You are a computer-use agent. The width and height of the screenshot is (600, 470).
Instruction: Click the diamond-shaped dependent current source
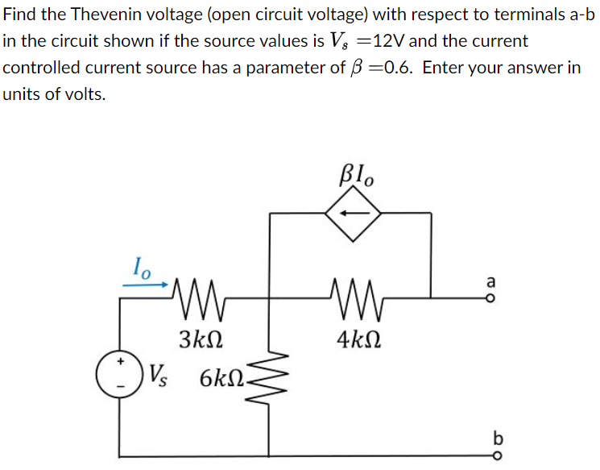(x=352, y=214)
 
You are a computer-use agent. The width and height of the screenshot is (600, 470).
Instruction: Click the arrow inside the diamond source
(x=352, y=214)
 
